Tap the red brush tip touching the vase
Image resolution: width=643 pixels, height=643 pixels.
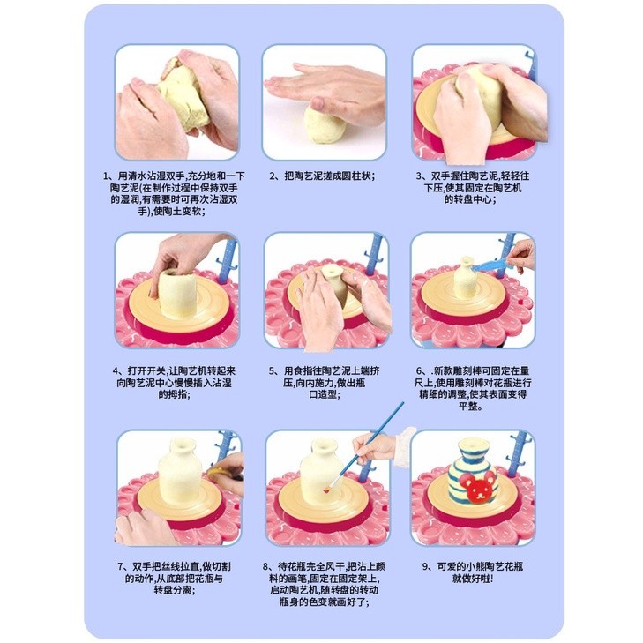pos(327,490)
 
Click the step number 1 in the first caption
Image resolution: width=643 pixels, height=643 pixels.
pos(105,176)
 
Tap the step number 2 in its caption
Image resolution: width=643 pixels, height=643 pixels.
pos(272,176)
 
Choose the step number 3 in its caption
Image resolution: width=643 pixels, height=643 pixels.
pos(419,176)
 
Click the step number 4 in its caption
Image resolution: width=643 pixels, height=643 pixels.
pos(116,371)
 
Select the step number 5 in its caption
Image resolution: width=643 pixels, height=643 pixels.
pos(272,371)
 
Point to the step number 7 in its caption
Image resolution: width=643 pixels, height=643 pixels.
pos(121,567)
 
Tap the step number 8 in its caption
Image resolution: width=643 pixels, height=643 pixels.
pos(265,567)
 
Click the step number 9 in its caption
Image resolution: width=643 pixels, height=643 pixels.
pos(425,567)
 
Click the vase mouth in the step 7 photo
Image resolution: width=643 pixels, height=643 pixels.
pos(182,444)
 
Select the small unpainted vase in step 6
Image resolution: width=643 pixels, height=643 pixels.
pos(467,280)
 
